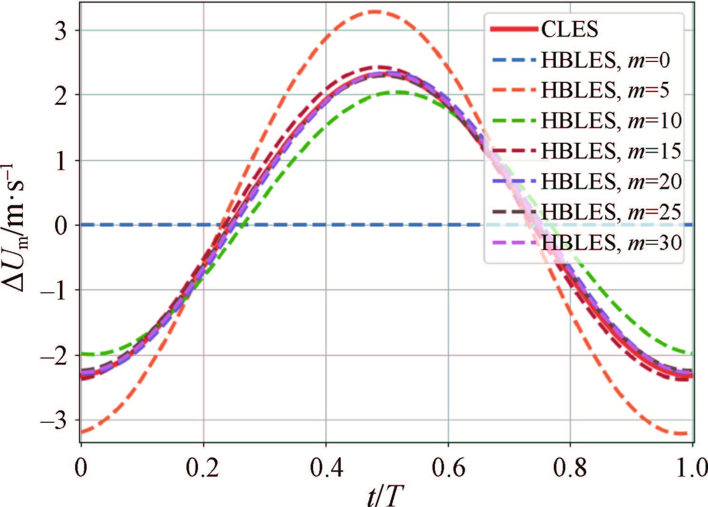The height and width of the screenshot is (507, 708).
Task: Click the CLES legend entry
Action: tap(569, 30)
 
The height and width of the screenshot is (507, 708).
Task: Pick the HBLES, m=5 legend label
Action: tap(604, 90)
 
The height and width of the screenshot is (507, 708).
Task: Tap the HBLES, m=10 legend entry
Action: tap(611, 121)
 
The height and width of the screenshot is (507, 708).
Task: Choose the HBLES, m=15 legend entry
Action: tap(611, 151)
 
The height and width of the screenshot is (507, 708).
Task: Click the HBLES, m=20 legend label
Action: tap(611, 182)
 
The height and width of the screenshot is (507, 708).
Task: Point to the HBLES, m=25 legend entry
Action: tap(611, 212)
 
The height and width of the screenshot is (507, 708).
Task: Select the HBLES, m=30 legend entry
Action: tap(611, 243)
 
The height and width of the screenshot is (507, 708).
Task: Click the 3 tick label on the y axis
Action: tap(61, 30)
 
